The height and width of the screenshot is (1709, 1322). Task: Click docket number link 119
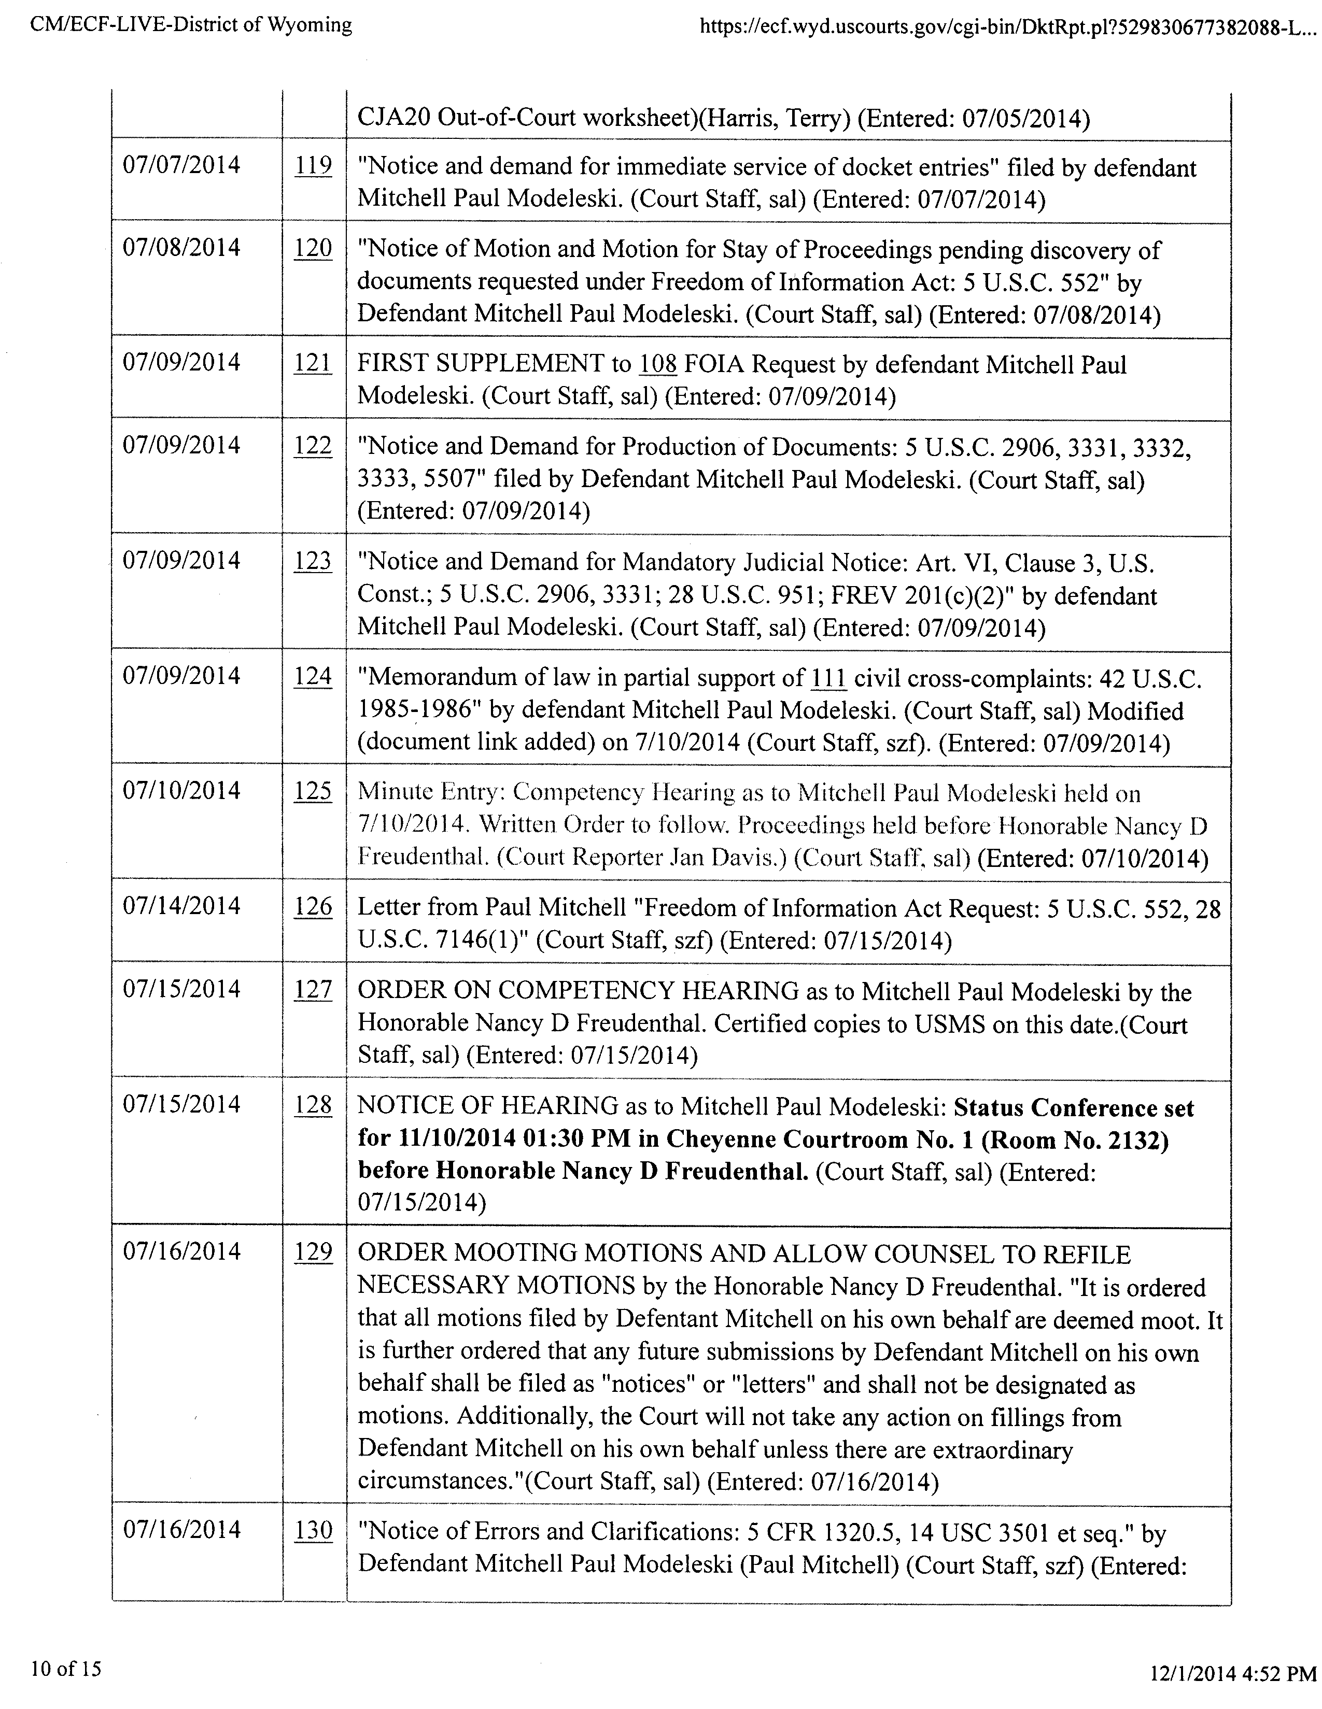pyautogui.click(x=313, y=166)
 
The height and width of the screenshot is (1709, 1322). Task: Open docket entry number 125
pyautogui.click(x=313, y=791)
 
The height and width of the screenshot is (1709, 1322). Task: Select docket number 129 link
pyautogui.click(x=313, y=1251)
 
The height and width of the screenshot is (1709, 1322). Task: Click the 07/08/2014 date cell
pyautogui.click(x=181, y=248)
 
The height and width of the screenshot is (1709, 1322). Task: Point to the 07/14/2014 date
pyautogui.click(x=181, y=906)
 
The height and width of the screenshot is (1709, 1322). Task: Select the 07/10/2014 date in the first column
pyautogui.click(x=181, y=791)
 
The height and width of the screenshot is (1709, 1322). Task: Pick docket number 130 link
pyautogui.click(x=313, y=1530)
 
